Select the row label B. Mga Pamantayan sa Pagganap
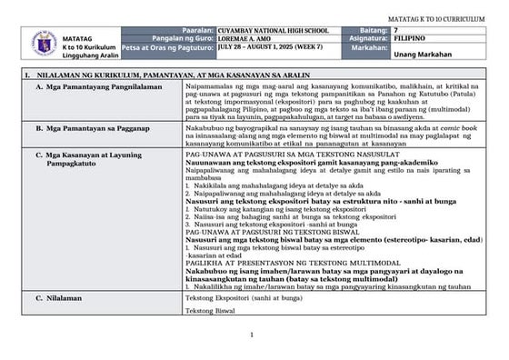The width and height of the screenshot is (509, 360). pos(95,130)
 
